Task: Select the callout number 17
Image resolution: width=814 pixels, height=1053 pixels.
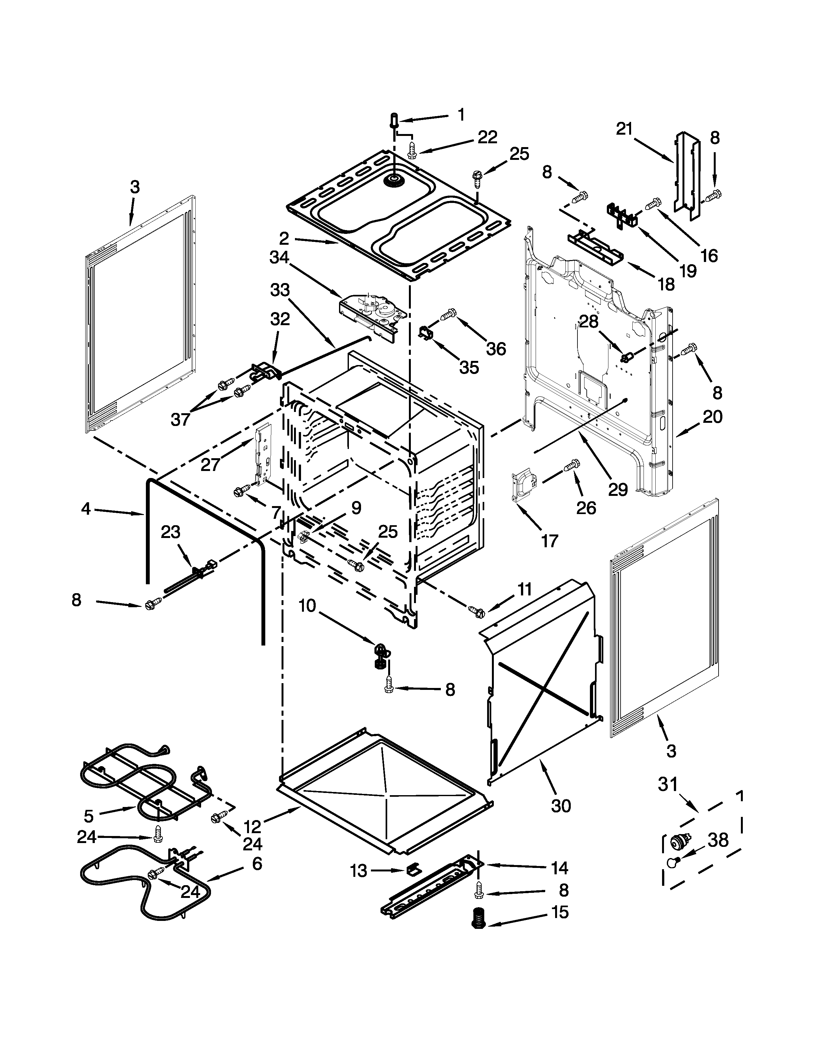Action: point(549,541)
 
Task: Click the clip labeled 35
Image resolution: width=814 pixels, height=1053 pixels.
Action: point(424,332)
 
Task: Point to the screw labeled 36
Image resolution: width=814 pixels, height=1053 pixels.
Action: point(448,314)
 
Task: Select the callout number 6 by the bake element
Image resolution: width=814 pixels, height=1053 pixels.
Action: point(257,863)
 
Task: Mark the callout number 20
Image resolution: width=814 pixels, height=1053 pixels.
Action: point(712,416)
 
